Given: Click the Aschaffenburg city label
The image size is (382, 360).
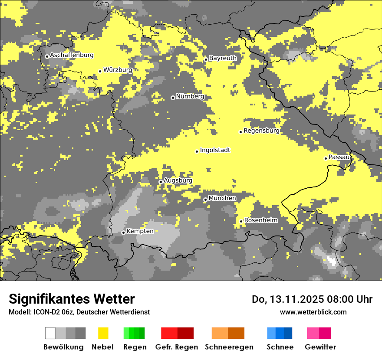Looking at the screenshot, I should click(x=72, y=55).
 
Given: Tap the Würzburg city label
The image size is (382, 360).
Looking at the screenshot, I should click(x=118, y=70).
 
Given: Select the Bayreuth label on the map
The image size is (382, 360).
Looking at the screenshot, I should click(x=223, y=58).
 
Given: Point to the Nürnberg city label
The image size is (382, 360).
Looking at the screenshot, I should click(x=190, y=96).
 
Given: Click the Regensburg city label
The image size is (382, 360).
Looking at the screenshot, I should click(x=261, y=131).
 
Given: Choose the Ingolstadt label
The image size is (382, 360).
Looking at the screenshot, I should click(x=215, y=150).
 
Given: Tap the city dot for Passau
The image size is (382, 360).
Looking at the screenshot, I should click(x=326, y=158).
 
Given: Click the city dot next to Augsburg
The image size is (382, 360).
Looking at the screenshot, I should click(x=161, y=182).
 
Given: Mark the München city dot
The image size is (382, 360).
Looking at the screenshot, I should click(x=205, y=200).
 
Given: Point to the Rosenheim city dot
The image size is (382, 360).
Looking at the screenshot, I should click(x=241, y=222).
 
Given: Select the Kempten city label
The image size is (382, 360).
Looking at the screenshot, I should click(x=140, y=231).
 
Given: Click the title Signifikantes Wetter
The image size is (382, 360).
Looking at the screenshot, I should click(x=72, y=299).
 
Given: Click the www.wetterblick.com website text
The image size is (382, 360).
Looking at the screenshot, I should click(x=313, y=312).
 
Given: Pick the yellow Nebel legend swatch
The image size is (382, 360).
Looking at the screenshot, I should click(x=103, y=333).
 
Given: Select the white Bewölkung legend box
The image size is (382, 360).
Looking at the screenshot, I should click(x=50, y=333).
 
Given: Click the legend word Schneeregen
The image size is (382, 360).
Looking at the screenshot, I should click(x=229, y=347).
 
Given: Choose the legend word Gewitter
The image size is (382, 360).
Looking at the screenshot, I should click(x=320, y=347).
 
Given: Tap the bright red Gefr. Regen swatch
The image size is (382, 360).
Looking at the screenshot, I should click(x=169, y=333).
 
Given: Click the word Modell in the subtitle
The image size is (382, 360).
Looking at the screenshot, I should click(x=19, y=312).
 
